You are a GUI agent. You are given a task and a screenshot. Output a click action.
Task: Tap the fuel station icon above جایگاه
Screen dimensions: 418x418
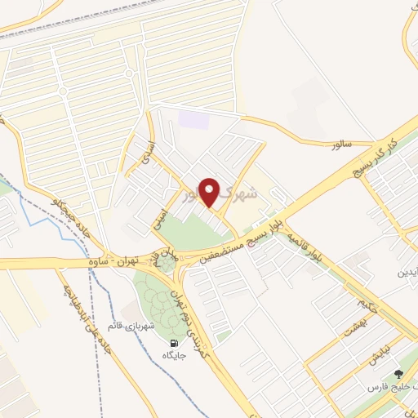point(174,343)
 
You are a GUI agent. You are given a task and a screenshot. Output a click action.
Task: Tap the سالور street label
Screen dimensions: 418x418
point(340,144)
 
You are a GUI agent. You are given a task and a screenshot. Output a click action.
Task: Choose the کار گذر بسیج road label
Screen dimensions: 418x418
point(376,156)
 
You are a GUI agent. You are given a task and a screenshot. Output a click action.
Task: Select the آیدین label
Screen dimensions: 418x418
point(406,273)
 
